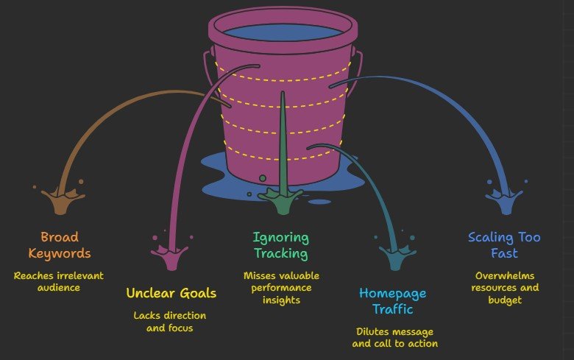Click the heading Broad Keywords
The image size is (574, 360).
59,245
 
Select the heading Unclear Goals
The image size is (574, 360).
171,293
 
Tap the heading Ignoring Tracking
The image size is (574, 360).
280,245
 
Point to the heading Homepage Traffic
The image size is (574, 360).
392,301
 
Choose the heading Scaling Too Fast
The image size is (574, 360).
504,245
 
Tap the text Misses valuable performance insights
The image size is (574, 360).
280,287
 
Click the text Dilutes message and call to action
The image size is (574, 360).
395,337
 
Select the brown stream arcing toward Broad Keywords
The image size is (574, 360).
110,118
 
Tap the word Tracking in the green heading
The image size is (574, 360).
280,253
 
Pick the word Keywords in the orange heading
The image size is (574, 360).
59,253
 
